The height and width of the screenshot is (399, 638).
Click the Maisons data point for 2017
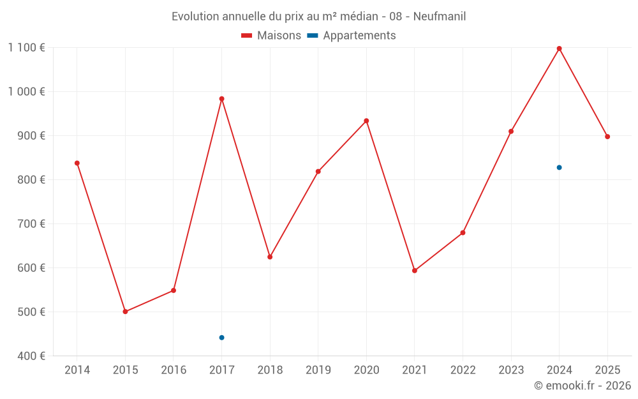tap(221, 99)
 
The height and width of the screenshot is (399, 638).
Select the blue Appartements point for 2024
tap(559, 167)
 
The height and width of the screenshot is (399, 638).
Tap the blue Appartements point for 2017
tap(221, 338)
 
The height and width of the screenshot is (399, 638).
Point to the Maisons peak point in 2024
tap(559, 49)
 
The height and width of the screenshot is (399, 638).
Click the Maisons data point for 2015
tap(125, 312)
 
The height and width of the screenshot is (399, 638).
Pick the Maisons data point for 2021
tap(415, 271)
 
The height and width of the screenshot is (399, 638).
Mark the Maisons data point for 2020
tap(366, 121)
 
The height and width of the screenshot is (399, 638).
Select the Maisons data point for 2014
tap(77, 163)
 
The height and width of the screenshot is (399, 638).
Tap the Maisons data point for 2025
tap(607, 137)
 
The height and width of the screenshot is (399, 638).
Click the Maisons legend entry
tap(271, 36)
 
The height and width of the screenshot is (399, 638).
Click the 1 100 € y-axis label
tap(26, 47)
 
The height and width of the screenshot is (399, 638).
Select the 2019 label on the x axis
tap(318, 370)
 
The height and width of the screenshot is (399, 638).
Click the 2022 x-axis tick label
tap(463, 370)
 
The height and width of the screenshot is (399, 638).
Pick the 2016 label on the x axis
tap(174, 370)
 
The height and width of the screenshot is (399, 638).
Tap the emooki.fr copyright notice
tap(582, 386)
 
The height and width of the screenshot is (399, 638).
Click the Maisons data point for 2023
tap(511, 132)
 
